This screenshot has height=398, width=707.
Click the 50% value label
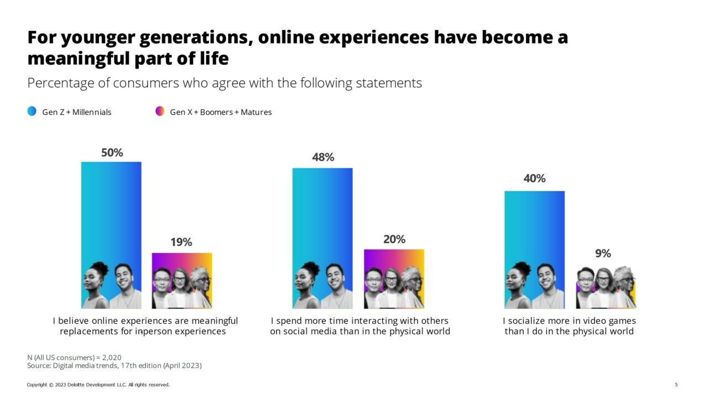click(x=112, y=153)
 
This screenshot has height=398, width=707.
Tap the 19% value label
click(x=181, y=242)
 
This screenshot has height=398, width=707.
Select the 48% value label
click(x=323, y=157)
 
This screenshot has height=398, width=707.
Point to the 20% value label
click(x=394, y=239)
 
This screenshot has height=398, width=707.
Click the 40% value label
click(x=535, y=179)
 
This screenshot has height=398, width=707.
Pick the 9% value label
click(x=603, y=253)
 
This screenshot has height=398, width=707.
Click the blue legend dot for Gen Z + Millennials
click(x=32, y=112)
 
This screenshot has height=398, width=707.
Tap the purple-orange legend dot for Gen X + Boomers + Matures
click(x=160, y=112)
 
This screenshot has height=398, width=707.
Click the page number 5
click(x=676, y=385)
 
